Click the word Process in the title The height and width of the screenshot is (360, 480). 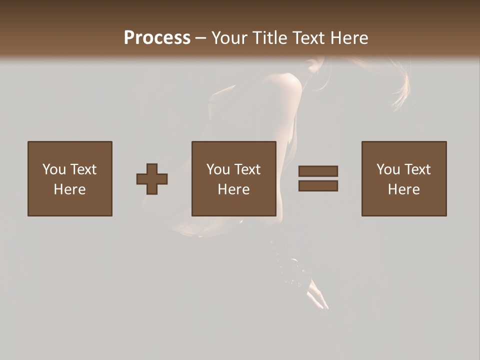(157, 38)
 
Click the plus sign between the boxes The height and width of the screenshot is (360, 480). (152, 179)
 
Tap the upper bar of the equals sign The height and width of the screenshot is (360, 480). (318, 171)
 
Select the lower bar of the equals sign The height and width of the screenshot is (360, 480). (318, 186)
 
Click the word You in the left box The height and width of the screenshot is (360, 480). (53, 169)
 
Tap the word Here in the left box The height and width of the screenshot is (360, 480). (69, 189)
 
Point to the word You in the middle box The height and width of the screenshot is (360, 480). (218, 169)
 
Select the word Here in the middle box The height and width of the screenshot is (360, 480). (233, 189)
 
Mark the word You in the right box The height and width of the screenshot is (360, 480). (388, 169)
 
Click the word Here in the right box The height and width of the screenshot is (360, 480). (403, 189)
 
